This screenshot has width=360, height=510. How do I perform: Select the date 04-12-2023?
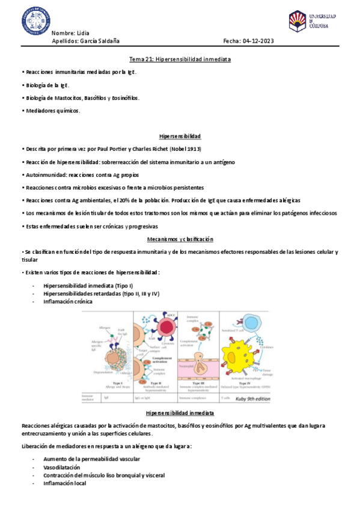tap(257, 41)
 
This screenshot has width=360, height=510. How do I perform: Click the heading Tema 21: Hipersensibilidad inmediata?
tap(180, 59)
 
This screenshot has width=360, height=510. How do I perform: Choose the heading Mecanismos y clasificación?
tap(180, 239)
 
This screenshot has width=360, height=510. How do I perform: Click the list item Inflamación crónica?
tap(68, 301)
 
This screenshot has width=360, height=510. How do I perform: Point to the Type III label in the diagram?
tap(196, 382)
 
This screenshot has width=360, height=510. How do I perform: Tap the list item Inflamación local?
tap(64, 483)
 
